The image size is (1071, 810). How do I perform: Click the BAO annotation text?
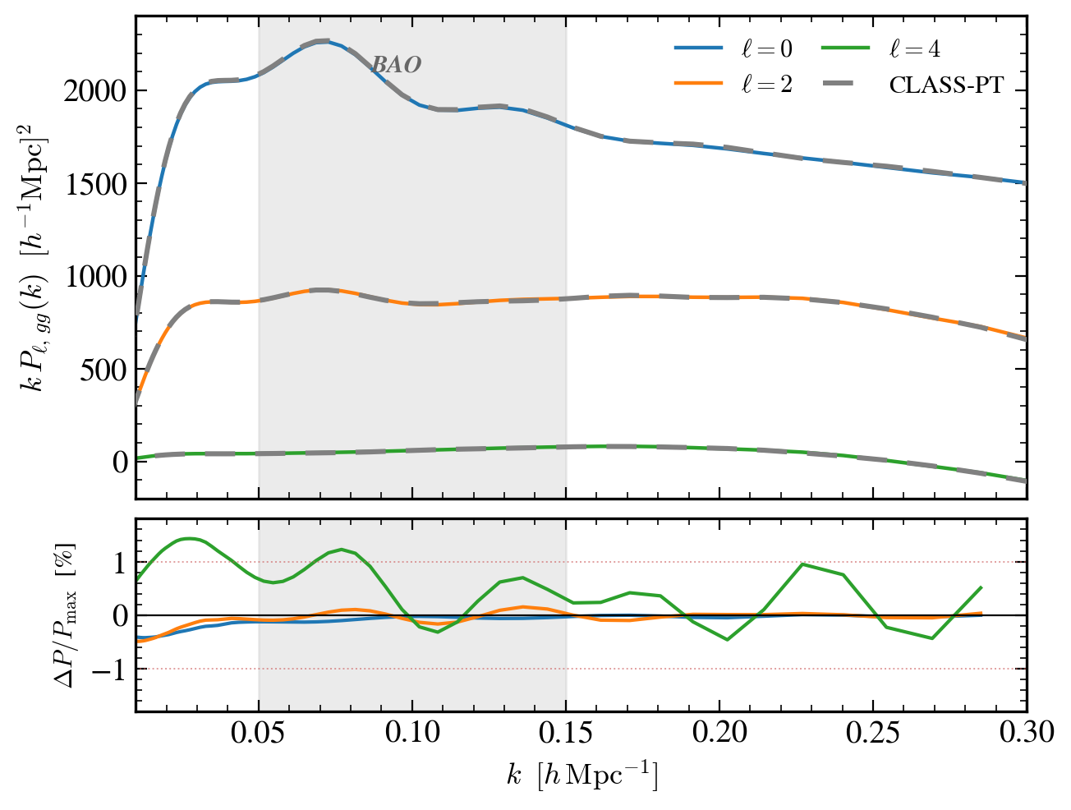pyautogui.click(x=397, y=65)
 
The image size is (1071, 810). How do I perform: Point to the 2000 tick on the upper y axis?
pyautogui.click(x=94, y=91)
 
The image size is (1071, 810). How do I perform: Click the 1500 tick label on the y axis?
pyautogui.click(x=94, y=184)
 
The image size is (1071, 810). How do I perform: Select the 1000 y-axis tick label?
pyautogui.click(x=94, y=277)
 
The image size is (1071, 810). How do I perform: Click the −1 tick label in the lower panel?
pyautogui.click(x=105, y=670)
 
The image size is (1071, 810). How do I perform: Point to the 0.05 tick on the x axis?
pyautogui.click(x=259, y=731)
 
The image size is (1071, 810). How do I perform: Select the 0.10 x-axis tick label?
pyautogui.click(x=412, y=731)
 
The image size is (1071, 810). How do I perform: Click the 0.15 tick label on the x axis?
pyautogui.click(x=566, y=731)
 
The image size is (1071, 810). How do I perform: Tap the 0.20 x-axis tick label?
pyautogui.click(x=719, y=731)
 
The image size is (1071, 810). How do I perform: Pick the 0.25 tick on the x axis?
pyautogui.click(x=873, y=731)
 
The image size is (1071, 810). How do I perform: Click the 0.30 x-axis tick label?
pyautogui.click(x=1026, y=731)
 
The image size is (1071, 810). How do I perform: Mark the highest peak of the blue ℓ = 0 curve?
pyautogui.click(x=324, y=40)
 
